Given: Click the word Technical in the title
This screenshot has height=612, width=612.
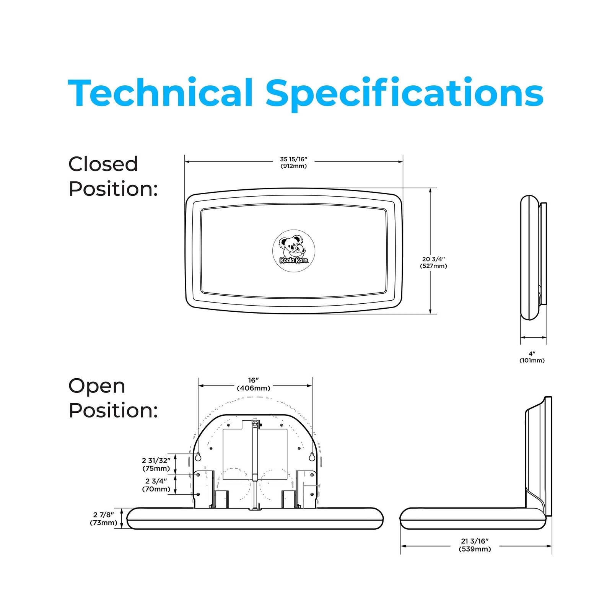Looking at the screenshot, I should click(161, 93).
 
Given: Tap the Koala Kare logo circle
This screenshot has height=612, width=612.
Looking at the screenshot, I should click(293, 251).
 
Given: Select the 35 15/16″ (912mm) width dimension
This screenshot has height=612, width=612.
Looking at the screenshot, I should click(293, 162).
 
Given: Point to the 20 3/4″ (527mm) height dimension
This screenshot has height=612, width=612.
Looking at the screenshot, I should click(433, 262).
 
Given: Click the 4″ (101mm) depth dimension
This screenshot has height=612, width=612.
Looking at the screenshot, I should click(532, 357).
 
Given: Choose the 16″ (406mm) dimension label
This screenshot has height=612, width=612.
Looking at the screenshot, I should click(253, 384).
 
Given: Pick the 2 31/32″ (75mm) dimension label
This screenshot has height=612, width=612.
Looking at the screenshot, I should click(156, 464).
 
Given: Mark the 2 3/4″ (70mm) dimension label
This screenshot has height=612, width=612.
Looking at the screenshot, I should click(156, 485).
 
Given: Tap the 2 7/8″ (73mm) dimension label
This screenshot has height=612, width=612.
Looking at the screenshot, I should click(103, 519).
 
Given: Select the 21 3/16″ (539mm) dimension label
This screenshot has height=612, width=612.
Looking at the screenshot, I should click(475, 545).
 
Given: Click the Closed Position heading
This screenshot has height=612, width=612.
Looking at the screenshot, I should click(113, 176).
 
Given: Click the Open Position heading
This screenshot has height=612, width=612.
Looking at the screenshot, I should click(113, 398).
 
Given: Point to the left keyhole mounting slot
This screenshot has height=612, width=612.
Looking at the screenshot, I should click(198, 457).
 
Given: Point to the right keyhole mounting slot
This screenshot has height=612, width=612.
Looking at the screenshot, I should click(312, 457).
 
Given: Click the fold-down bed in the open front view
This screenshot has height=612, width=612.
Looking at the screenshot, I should click(255, 519).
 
